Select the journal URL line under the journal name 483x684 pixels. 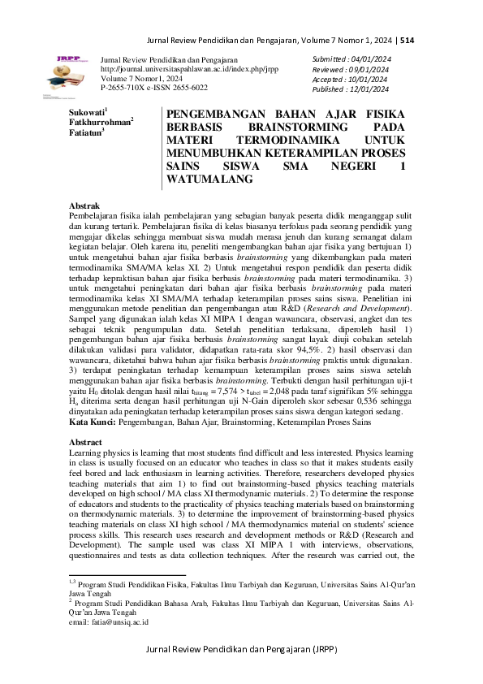(x=188, y=69)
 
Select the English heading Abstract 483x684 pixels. (x=87, y=442)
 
